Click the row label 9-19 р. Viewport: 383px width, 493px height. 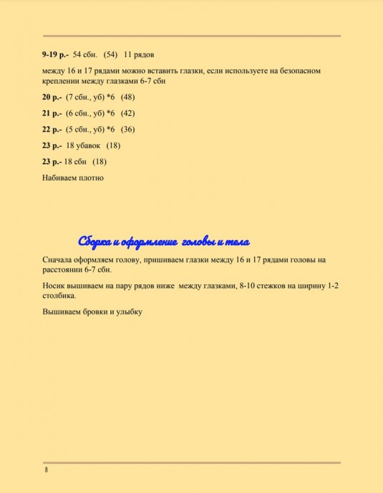point(56,54)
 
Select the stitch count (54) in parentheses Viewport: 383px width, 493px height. point(110,54)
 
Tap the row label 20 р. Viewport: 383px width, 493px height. point(52,96)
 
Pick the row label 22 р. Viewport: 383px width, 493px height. point(52,129)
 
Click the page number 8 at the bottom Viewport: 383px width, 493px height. point(46,470)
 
